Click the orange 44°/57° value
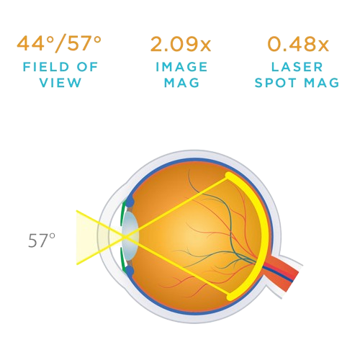pos(59,44)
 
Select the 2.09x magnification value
pos(181,44)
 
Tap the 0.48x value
pos(298,44)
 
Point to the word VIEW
pos(60,83)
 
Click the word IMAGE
pos(181,67)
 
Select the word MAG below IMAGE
pos(181,83)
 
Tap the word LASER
pos(297,67)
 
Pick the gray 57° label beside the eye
pos(42,240)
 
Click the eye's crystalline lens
pos(130,237)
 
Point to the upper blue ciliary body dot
pos(130,202)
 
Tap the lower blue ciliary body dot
pos(130,271)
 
